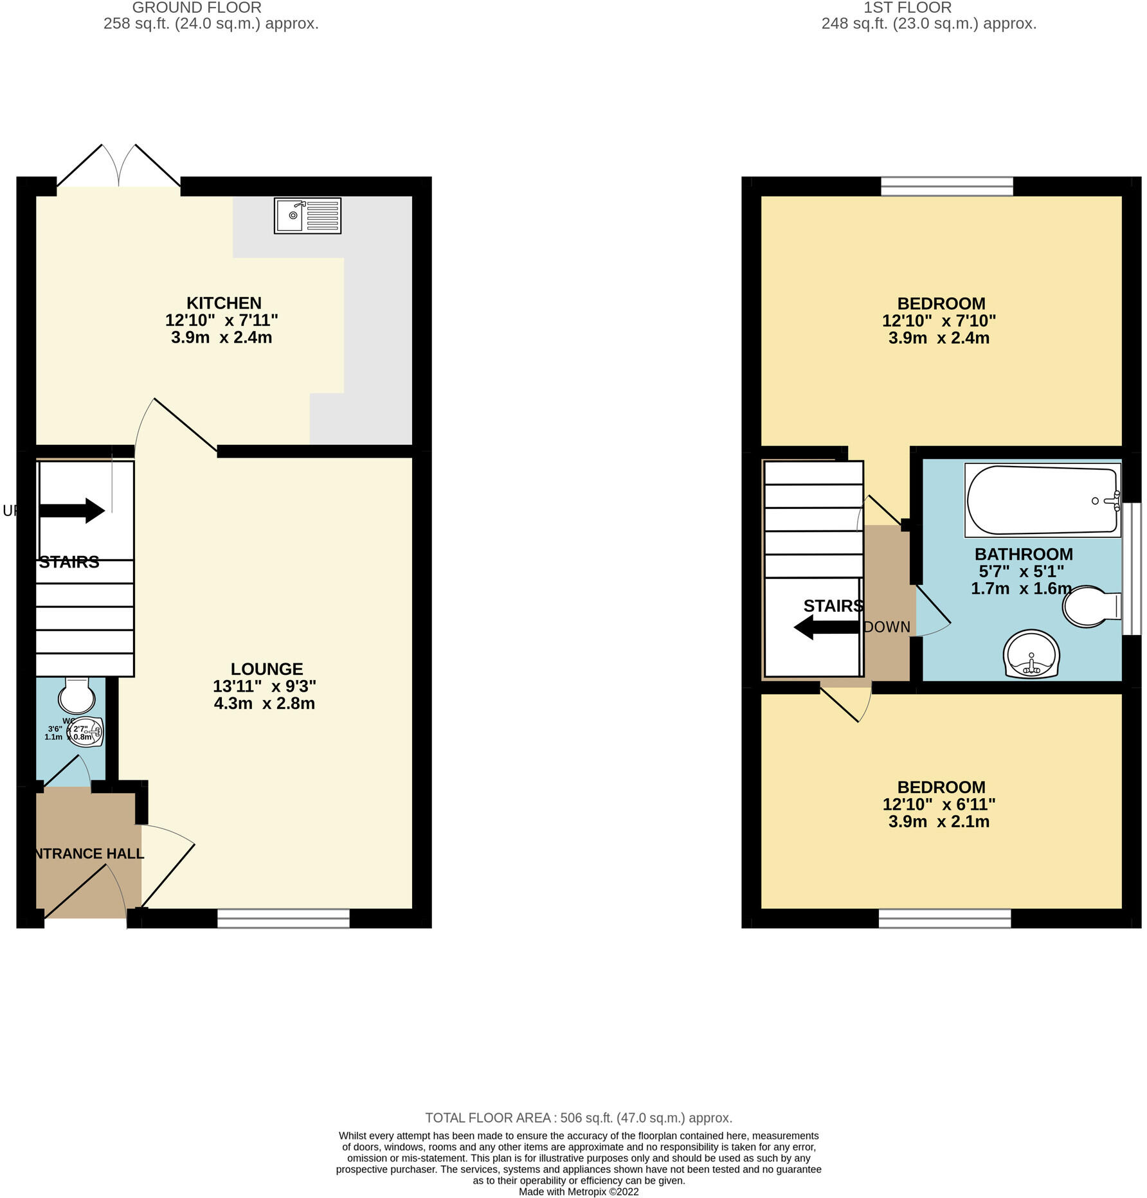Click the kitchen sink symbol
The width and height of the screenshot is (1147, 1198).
(x=307, y=215)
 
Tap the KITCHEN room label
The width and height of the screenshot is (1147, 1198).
(x=224, y=303)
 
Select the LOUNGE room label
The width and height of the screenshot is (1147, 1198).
(x=267, y=669)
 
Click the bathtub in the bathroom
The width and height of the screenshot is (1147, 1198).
(x=1042, y=500)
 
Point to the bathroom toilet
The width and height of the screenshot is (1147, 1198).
(x=1090, y=606)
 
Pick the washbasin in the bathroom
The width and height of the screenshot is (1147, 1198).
(x=1031, y=654)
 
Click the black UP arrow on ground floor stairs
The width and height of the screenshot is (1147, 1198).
(x=72, y=511)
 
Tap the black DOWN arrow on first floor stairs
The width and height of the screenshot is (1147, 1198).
(x=826, y=627)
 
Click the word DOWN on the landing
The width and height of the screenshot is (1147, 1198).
(x=887, y=627)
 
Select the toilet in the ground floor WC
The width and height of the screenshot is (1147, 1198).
(x=77, y=695)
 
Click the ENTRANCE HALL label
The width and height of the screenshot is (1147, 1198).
(x=88, y=854)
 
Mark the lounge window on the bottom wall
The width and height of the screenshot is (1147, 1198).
(x=283, y=918)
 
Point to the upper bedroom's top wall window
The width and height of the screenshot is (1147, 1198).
(x=946, y=186)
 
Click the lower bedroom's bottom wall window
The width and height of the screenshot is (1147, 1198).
(x=944, y=918)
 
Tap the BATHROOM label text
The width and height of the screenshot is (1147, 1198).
(x=1024, y=554)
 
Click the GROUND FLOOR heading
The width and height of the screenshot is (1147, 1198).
(x=197, y=8)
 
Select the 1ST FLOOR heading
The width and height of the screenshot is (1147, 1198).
(x=907, y=8)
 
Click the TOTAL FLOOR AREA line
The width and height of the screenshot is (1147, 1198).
(x=579, y=1118)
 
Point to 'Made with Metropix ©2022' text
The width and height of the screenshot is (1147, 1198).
(x=579, y=1192)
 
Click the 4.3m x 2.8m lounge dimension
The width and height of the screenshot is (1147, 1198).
(x=264, y=703)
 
